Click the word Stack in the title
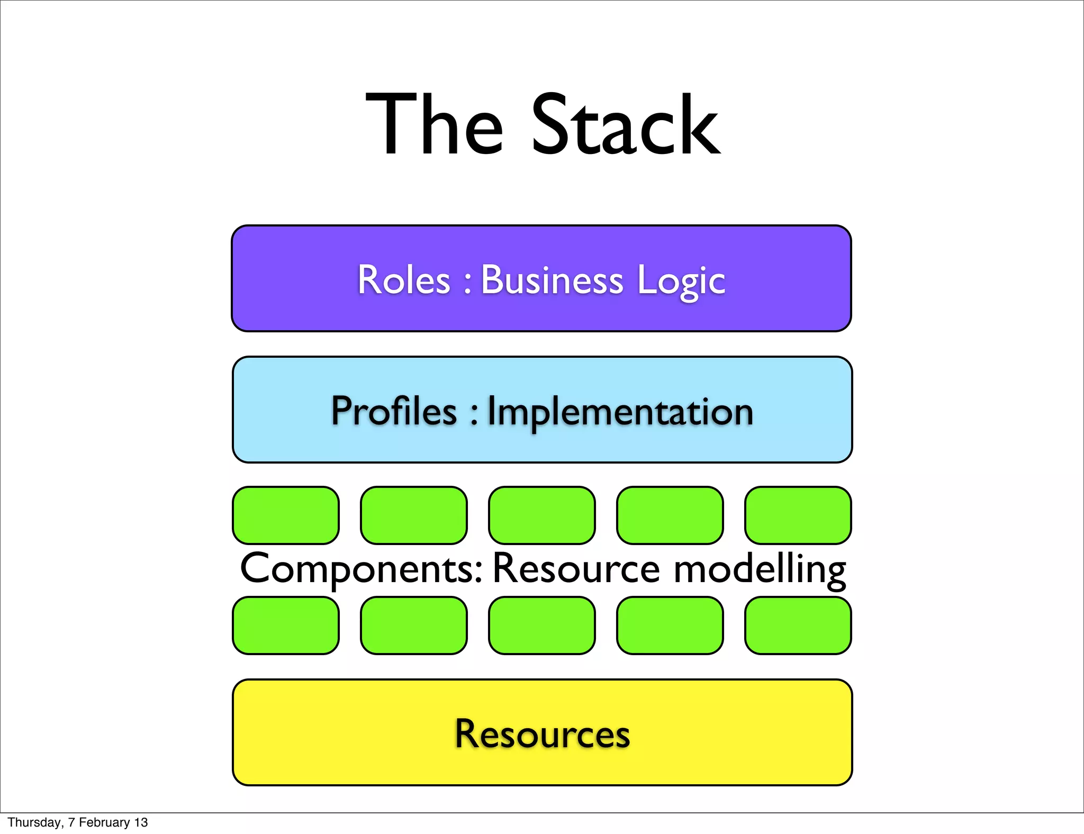[626, 125]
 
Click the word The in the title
[434, 125]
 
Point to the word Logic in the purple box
[681, 280]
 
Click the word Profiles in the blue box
[394, 411]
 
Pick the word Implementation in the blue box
[620, 412]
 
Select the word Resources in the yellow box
[543, 734]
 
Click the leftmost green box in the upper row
[286, 515]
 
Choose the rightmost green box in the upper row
[798, 515]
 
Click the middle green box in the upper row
[542, 515]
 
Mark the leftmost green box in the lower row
[286, 625]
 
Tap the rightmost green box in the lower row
[798, 625]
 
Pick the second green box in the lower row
[414, 625]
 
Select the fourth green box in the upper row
[670, 515]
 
